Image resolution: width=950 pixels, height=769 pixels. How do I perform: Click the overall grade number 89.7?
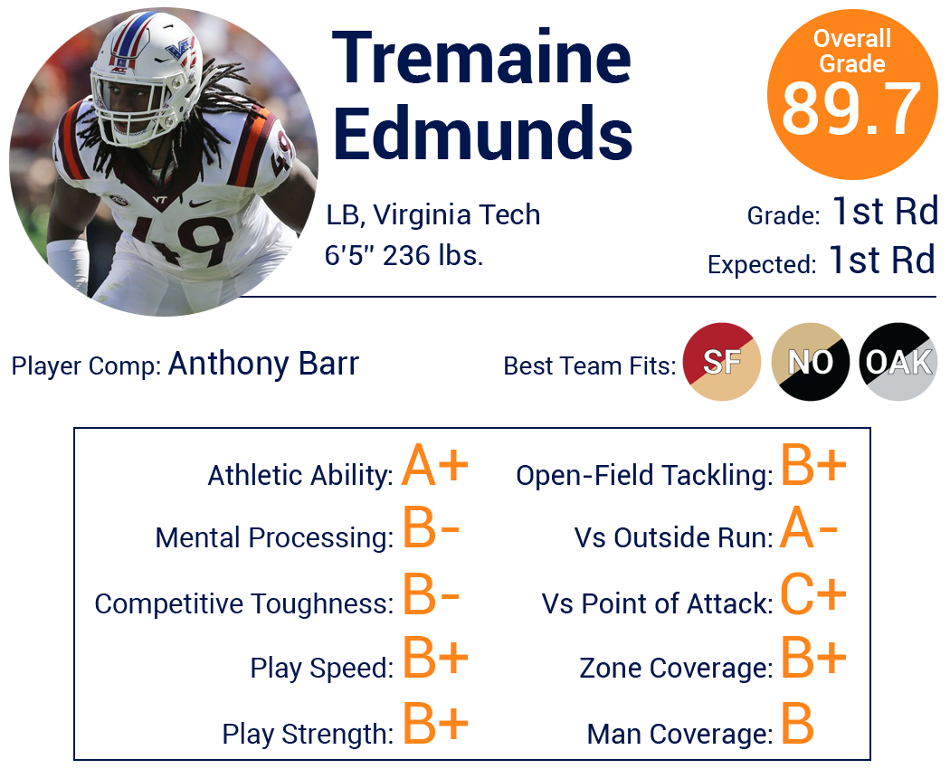pyautogui.click(x=851, y=109)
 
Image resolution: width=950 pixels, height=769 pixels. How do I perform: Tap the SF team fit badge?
pyautogui.click(x=722, y=362)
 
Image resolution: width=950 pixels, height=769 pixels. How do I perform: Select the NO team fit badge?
pyautogui.click(x=810, y=362)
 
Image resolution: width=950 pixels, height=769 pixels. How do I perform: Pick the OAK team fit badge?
pyautogui.click(x=898, y=362)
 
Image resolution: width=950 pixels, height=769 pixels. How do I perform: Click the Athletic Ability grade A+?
pyautogui.click(x=435, y=465)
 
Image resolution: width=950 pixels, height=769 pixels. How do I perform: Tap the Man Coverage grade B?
pyautogui.click(x=797, y=723)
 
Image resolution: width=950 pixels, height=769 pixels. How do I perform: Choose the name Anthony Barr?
pyautogui.click(x=263, y=364)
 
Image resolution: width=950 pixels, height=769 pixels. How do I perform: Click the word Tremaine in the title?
pyautogui.click(x=481, y=58)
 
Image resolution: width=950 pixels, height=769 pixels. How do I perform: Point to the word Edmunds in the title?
pyautogui.click(x=483, y=132)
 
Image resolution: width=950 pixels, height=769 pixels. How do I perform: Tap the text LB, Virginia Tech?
pyautogui.click(x=433, y=215)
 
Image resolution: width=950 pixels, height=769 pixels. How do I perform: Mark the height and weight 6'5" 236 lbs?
pyautogui.click(x=404, y=255)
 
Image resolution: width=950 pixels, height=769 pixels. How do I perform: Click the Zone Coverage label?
pyautogui.click(x=676, y=668)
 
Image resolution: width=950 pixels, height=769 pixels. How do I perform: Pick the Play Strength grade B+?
pyautogui.click(x=435, y=723)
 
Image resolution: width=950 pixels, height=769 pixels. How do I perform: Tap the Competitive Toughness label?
pyautogui.click(x=244, y=603)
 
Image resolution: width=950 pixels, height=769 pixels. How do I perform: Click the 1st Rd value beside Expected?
pyautogui.click(x=882, y=260)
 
